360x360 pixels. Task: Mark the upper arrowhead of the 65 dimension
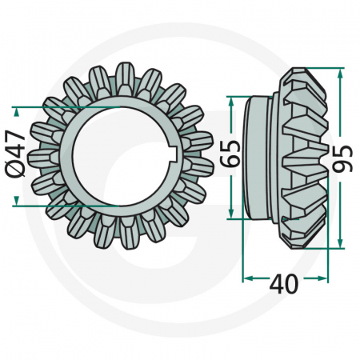point(230,100)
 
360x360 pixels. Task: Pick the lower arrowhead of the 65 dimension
point(230,214)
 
